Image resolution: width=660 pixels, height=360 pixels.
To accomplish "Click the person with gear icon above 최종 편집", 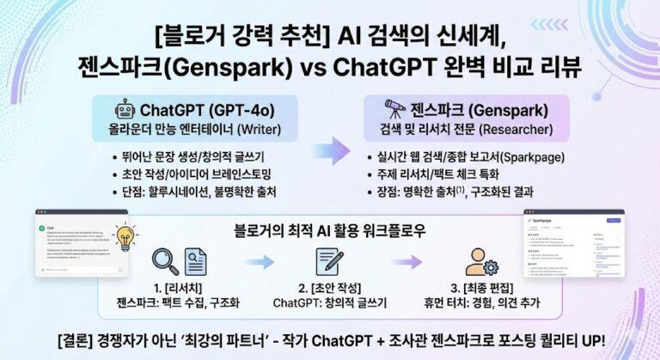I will pos(481,262).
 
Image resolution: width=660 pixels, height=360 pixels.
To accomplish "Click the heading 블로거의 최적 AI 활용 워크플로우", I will pos(330,230).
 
